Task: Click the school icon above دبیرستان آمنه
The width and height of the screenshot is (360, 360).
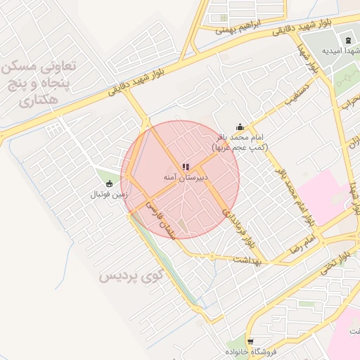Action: [x=185, y=167]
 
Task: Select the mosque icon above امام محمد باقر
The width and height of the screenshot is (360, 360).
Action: [x=240, y=127]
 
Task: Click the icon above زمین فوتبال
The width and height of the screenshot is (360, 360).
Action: [x=108, y=183]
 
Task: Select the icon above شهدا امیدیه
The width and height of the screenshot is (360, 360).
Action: [x=347, y=39]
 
